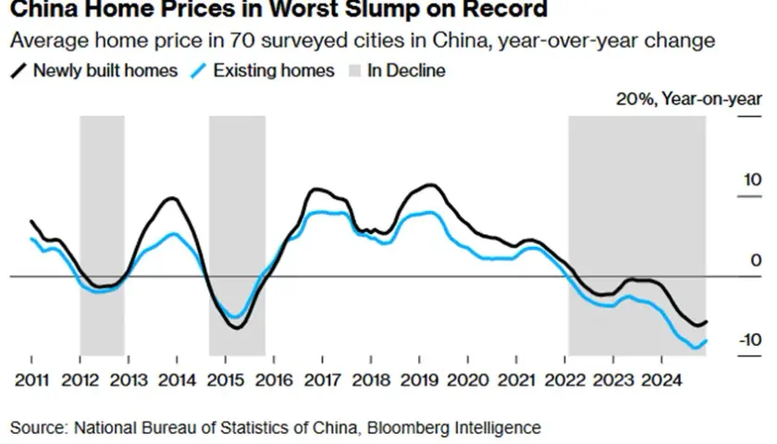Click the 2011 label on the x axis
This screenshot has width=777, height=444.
(31, 380)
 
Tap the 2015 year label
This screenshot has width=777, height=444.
(226, 380)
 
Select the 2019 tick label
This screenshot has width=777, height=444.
(419, 380)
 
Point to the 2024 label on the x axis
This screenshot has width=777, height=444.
(661, 380)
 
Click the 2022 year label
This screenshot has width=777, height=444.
(565, 380)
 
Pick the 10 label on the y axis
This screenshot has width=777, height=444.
(752, 179)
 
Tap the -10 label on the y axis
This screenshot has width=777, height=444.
(750, 340)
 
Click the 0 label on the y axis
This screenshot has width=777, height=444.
(757, 260)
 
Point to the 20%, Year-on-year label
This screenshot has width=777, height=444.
(689, 99)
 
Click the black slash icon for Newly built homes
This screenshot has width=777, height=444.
(18, 71)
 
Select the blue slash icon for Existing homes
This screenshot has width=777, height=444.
(198, 71)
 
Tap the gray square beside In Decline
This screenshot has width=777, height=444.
(355, 71)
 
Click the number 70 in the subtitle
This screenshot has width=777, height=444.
(242, 41)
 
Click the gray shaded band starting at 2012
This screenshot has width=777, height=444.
(102, 236)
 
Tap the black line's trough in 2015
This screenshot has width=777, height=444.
(238, 328)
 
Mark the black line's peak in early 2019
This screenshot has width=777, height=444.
(431, 185)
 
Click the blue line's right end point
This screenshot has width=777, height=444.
(706, 341)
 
